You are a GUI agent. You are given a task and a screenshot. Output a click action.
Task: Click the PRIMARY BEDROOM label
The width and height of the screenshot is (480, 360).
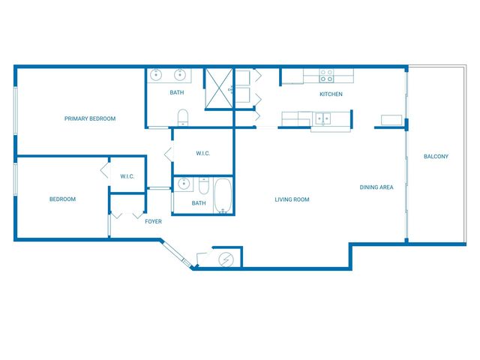pos(90,118)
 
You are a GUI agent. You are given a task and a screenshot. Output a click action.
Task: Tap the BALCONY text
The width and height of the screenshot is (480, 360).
pos(436,156)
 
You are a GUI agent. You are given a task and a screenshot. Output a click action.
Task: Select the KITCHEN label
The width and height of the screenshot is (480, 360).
pos(331,94)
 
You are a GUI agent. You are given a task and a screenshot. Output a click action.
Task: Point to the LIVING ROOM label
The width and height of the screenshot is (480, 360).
pos(292,199)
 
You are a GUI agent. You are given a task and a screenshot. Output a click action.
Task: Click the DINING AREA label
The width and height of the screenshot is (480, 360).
pos(376,187)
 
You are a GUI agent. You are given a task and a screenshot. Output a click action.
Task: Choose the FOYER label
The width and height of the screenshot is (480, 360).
pos(153,221)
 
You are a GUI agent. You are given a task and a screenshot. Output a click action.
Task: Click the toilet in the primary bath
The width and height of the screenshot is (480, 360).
pos(181,117)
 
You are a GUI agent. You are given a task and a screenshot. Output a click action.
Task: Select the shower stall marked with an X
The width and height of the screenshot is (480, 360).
pos(220,88)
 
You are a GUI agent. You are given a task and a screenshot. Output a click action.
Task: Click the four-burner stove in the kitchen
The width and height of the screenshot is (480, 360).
pos(327,75)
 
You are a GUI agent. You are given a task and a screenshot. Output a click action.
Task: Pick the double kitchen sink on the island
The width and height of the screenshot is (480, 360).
pos(324,118)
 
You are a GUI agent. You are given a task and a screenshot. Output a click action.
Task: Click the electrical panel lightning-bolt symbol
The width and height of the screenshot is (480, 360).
pos(226,259)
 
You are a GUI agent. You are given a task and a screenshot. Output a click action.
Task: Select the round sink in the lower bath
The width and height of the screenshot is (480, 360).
pos(183,183)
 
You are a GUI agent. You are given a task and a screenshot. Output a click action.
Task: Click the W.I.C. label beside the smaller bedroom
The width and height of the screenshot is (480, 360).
pos(127,177)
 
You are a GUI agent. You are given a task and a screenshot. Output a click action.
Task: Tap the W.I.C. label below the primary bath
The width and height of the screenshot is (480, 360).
pos(202,154)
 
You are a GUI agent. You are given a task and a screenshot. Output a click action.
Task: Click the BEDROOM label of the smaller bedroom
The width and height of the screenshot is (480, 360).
pos(62,199)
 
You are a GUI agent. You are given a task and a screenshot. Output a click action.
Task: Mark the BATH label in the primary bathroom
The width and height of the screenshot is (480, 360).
pos(176,93)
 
